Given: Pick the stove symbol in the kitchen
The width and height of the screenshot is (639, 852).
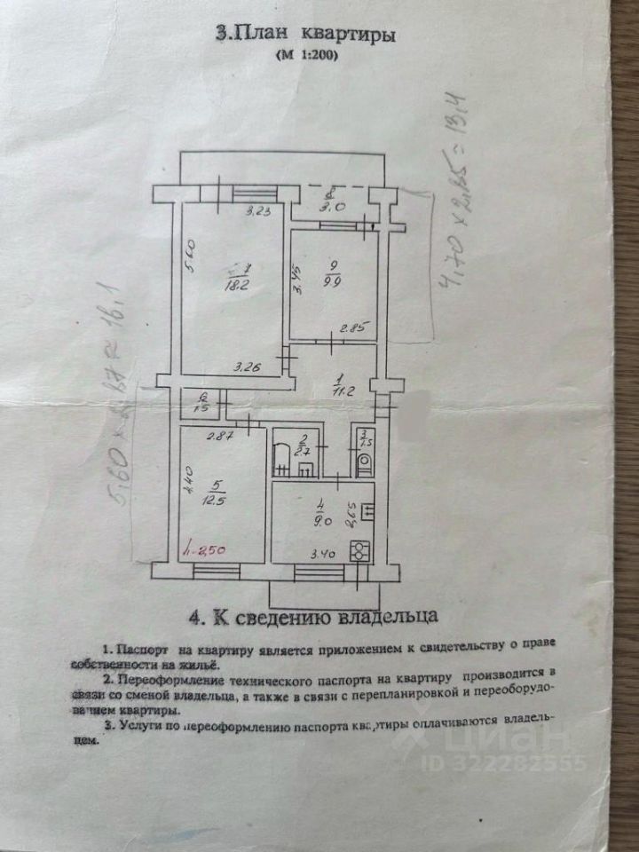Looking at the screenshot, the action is pyautogui.click(x=359, y=550).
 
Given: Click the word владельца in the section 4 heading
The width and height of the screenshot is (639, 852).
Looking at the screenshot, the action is pyautogui.click(x=387, y=614).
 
